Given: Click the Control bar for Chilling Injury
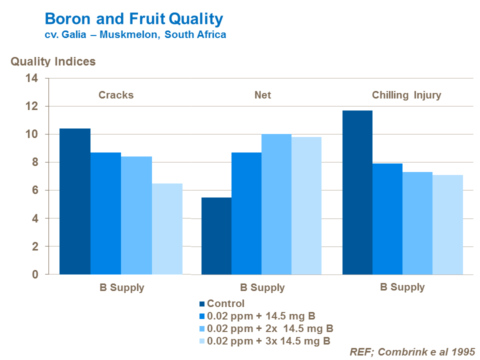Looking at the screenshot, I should coord(357,192).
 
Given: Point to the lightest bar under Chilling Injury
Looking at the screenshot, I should coord(448,224).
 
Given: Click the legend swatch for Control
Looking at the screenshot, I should coord(202,303).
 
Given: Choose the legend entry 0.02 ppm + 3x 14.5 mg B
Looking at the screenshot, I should coord(268,341).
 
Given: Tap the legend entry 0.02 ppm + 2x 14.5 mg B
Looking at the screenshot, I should coord(270,328).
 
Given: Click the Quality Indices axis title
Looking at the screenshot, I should coord(53,61).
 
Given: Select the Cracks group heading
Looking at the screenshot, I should coord(116,95).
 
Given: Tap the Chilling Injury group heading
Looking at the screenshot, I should coord(406,95).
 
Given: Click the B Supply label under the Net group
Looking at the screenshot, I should coord(262,287).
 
